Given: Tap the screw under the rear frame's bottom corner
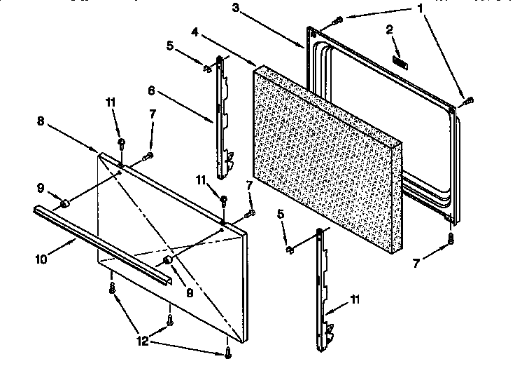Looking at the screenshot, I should pos(451,239).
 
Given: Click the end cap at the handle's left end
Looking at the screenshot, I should pos(64,203).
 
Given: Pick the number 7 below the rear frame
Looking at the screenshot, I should pos(418,264).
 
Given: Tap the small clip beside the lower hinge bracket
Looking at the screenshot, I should pos(289,248).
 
